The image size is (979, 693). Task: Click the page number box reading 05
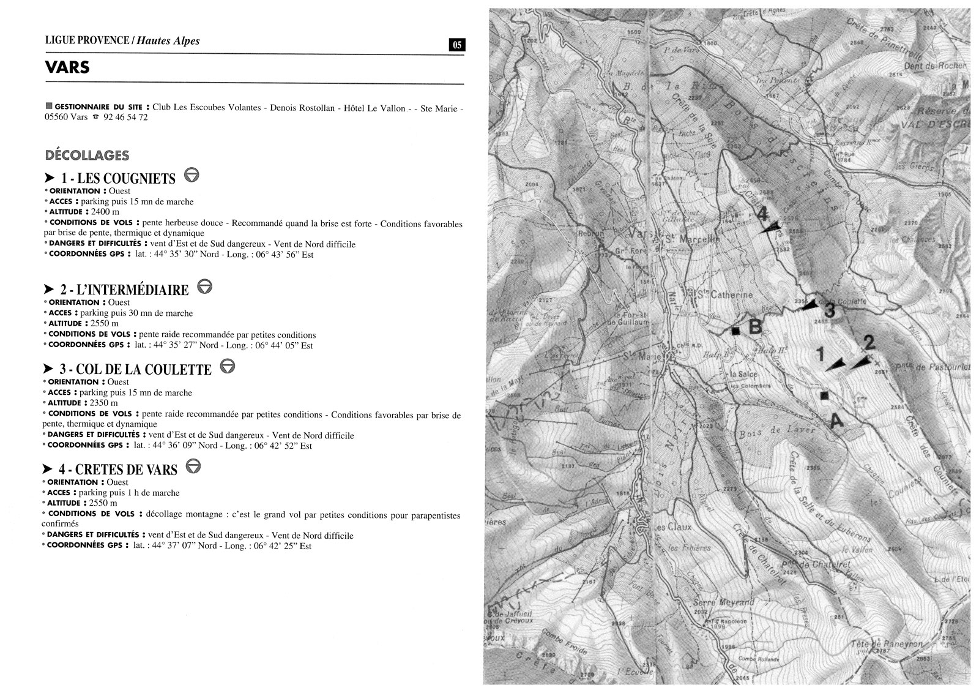(x=457, y=45)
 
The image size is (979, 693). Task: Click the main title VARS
(x=67, y=67)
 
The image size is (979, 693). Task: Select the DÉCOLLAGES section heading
(x=87, y=155)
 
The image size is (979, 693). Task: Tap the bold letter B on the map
(x=756, y=327)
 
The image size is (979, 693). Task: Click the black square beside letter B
(x=735, y=331)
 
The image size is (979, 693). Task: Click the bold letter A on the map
(x=836, y=421)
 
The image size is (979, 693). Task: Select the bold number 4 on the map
(x=762, y=215)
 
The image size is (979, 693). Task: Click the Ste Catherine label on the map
(x=726, y=295)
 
